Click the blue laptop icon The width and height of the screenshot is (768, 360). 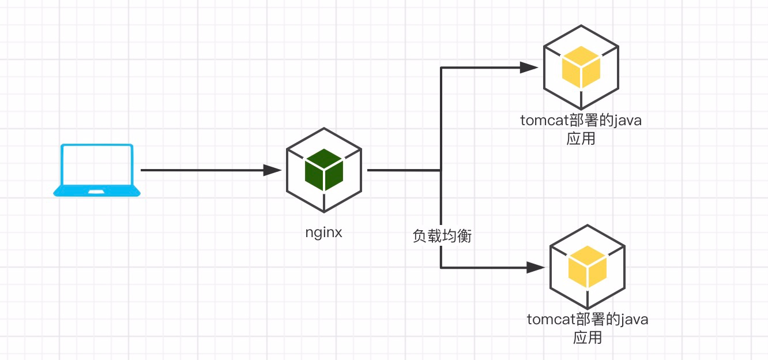97,171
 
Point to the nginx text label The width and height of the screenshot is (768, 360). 324,233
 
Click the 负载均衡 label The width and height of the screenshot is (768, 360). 442,236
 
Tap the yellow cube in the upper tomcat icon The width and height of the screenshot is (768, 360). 581,67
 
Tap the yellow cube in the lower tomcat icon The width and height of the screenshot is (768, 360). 588,267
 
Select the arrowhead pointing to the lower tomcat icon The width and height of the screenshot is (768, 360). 536,267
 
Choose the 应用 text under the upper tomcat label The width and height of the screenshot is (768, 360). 581,139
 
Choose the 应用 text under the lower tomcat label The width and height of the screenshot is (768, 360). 588,337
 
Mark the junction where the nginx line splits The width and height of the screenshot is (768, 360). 441,170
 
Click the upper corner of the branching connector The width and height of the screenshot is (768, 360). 441,67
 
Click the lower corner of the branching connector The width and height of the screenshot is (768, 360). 441,267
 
